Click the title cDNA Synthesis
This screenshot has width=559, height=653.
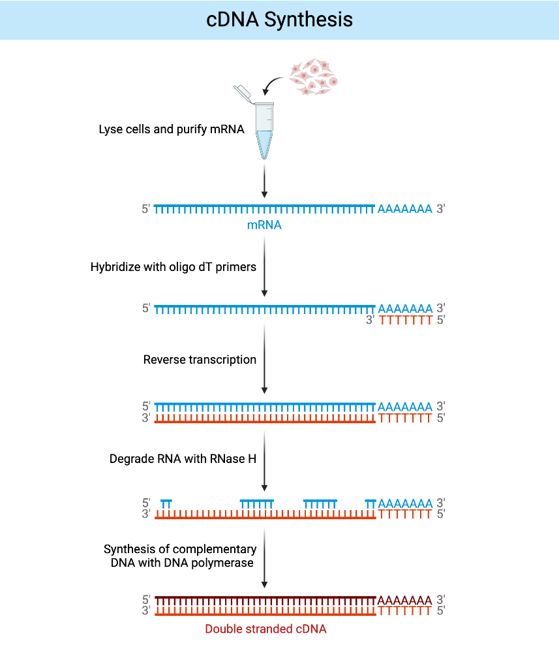pos(279,20)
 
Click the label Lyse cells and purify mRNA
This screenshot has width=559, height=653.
pos(171,129)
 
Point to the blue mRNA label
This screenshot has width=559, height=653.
pos(264,225)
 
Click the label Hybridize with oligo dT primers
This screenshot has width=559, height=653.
pos(173,266)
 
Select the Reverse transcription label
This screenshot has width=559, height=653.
pos(200,360)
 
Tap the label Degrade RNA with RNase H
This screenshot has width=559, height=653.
pos(182,459)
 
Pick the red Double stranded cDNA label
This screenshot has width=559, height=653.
pos(265,629)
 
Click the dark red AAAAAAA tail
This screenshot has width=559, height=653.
pos(404,600)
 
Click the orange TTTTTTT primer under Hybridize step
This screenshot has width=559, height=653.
pos(405,320)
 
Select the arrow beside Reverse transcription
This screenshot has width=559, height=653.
pos(264,359)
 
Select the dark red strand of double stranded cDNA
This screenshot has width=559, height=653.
pos(264,599)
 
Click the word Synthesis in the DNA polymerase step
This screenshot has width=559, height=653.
pos(128,549)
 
